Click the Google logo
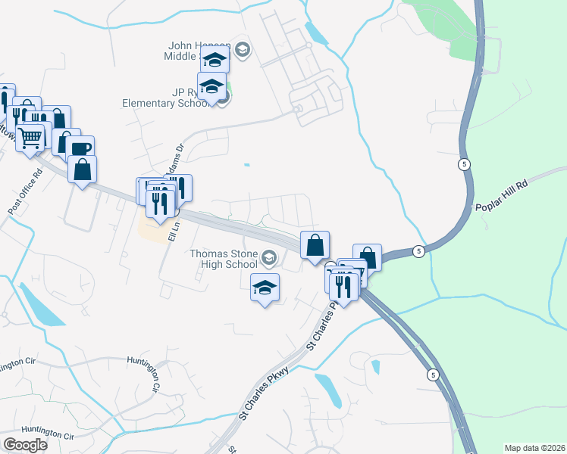(x=26, y=445)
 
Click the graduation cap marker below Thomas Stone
(x=265, y=288)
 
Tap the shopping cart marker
(x=30, y=138)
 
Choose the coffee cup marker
(x=80, y=148)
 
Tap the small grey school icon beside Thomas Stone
(x=268, y=260)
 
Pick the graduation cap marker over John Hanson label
(x=215, y=60)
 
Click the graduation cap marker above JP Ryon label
(x=212, y=86)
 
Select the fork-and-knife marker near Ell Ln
(x=160, y=203)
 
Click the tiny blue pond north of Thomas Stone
(x=246, y=163)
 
